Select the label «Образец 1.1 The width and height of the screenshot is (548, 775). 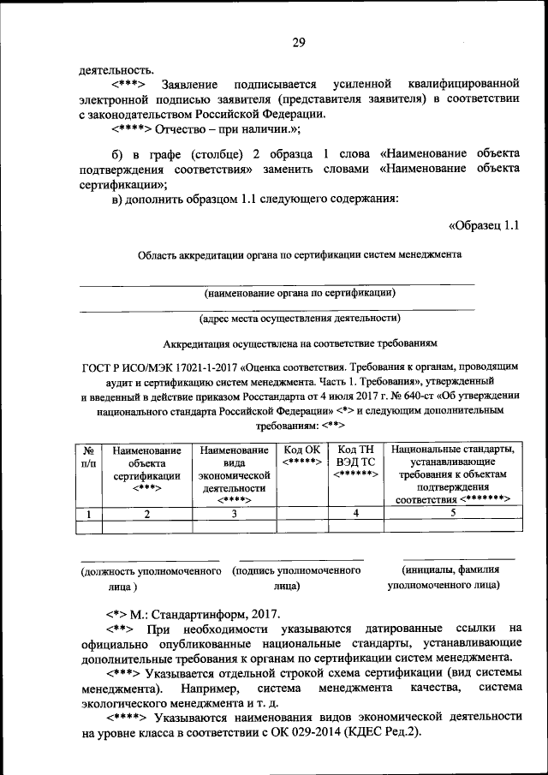[484, 226]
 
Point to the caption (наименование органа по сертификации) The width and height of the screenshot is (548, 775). [299, 293]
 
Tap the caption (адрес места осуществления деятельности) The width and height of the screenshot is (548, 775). [299, 319]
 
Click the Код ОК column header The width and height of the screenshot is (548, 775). [301, 456]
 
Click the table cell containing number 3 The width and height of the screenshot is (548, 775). [233, 514]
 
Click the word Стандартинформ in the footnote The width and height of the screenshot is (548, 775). [201, 615]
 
